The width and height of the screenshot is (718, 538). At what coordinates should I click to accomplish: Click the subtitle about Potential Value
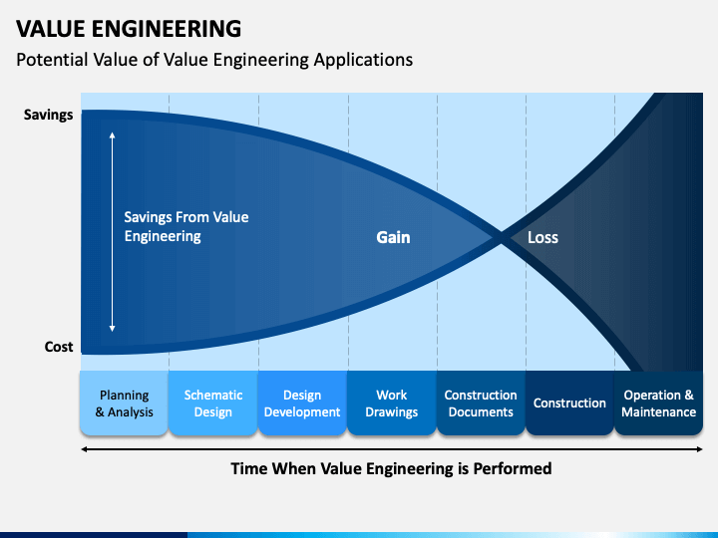click(214, 60)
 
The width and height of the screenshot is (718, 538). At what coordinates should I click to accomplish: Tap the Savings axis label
click(48, 115)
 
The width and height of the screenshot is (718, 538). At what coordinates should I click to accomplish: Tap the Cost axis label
click(59, 347)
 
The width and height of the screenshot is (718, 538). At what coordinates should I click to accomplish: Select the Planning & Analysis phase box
click(124, 403)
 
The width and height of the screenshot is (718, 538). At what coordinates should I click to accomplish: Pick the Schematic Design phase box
click(212, 403)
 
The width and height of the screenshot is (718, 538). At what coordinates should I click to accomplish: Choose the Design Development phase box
click(302, 403)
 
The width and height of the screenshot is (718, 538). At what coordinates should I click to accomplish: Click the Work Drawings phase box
click(391, 403)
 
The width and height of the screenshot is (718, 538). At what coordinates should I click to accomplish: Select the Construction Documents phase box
click(481, 403)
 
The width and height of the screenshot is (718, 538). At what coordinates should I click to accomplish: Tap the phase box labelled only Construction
click(569, 403)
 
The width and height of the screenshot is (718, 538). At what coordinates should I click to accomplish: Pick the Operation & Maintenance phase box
click(658, 403)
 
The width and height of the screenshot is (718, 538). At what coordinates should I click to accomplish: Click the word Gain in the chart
click(393, 238)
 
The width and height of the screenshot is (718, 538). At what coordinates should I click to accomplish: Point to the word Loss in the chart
click(542, 238)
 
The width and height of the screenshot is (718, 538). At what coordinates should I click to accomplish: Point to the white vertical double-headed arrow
click(112, 231)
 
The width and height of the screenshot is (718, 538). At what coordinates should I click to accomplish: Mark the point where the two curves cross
click(500, 237)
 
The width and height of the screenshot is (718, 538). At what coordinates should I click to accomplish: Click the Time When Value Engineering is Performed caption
click(391, 468)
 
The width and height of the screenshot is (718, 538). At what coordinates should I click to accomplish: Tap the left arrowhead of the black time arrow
click(84, 449)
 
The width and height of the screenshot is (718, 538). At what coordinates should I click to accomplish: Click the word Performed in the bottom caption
click(509, 468)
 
